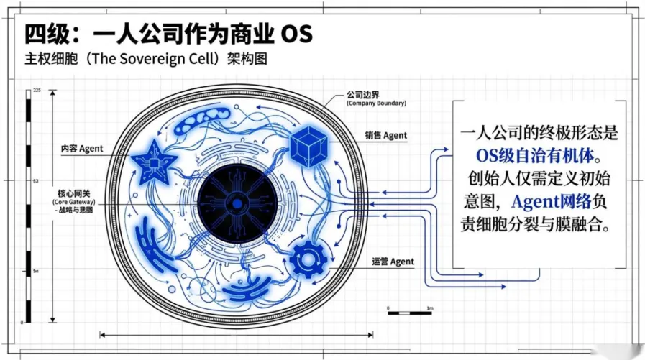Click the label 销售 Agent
[x=385, y=135]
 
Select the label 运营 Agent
[x=393, y=262]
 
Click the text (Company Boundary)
[x=376, y=103]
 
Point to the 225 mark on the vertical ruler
[x=37, y=90]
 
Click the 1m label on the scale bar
[x=430, y=308]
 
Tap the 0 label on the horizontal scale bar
[x=388, y=308]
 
